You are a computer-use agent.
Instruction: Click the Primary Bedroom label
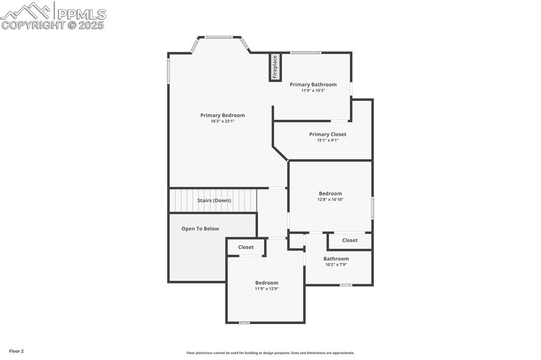click(x=222, y=115)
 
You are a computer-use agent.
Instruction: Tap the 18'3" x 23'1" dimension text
click(x=222, y=121)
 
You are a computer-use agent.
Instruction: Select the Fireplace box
click(x=275, y=67)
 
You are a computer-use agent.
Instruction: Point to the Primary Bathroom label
click(x=313, y=84)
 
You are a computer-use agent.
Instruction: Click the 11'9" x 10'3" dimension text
click(x=313, y=90)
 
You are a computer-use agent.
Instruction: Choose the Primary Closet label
click(x=328, y=134)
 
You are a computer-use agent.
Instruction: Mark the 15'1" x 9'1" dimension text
click(x=328, y=140)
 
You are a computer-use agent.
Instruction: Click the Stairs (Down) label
click(x=214, y=201)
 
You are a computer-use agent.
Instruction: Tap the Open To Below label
click(x=200, y=229)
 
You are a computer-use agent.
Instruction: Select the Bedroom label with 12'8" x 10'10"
click(x=330, y=193)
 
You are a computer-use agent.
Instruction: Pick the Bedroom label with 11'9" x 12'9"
click(x=266, y=282)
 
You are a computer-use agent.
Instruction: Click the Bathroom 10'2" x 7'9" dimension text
click(x=336, y=264)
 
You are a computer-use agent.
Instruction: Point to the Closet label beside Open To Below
click(x=246, y=247)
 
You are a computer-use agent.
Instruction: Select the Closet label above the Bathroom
click(x=350, y=240)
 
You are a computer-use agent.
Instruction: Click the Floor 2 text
click(x=16, y=351)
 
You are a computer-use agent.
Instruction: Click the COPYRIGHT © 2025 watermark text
click(x=53, y=25)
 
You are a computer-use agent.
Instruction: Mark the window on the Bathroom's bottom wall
click(x=346, y=285)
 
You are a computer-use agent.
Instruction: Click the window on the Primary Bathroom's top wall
click(x=305, y=52)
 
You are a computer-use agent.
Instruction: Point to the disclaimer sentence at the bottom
click(x=270, y=353)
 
